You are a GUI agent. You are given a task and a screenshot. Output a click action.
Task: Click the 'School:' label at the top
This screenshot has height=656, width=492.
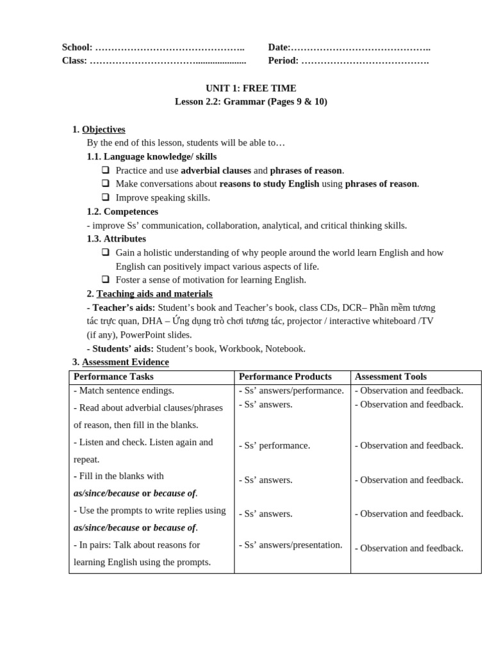point(77,47)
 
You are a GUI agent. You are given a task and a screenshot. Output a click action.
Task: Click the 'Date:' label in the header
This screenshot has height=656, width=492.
point(279,47)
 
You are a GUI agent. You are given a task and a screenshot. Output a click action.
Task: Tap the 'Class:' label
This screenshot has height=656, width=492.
point(74,61)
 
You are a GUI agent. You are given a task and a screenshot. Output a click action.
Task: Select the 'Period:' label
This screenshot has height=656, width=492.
point(283,61)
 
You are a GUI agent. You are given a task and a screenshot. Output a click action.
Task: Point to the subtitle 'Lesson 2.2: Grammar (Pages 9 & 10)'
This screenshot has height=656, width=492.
point(250,102)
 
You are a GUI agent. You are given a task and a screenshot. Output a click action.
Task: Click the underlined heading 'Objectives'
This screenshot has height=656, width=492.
point(104,129)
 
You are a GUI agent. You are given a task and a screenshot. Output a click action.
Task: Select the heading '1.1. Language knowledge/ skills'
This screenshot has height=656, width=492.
point(152,156)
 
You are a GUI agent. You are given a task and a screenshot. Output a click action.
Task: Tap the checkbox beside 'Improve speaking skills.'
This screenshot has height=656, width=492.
point(105,197)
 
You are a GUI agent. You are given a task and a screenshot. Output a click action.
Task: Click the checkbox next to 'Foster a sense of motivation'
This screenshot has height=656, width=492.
point(105,279)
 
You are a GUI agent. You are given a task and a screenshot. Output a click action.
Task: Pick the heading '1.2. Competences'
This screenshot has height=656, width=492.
point(122,211)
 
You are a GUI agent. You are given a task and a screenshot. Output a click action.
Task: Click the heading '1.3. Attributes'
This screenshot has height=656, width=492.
point(117,238)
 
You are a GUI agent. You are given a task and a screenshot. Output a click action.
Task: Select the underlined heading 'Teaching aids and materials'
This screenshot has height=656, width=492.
point(154,293)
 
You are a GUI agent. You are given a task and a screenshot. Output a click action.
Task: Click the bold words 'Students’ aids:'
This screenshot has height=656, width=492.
point(122,348)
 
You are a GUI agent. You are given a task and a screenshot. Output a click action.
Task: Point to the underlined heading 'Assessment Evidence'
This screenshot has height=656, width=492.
point(126,363)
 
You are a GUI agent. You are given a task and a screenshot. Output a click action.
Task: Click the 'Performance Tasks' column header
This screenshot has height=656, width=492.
point(113,377)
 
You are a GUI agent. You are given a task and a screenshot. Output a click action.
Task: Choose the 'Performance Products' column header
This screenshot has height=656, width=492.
point(285,377)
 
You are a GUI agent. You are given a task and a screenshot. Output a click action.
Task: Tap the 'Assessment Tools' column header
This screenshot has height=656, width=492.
point(390,377)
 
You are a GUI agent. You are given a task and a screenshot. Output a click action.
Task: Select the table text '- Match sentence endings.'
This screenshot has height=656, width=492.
point(124,390)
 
